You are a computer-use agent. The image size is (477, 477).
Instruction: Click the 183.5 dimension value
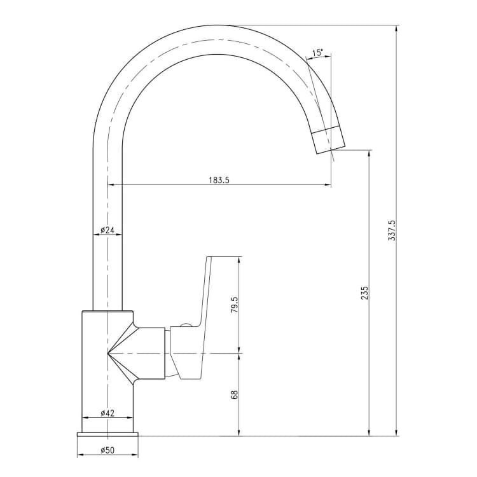tap(219, 180)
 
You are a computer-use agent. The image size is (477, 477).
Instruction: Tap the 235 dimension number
tap(365, 293)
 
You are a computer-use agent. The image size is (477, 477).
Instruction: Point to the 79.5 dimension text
tap(235, 305)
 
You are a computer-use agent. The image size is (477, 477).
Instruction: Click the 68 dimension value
tap(235, 394)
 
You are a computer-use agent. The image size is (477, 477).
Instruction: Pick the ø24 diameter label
tap(107, 230)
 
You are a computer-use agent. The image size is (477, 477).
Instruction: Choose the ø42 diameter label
tap(107, 413)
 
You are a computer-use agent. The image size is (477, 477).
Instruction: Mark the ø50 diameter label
tap(107, 450)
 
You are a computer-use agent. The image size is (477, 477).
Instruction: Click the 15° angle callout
tap(317, 52)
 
